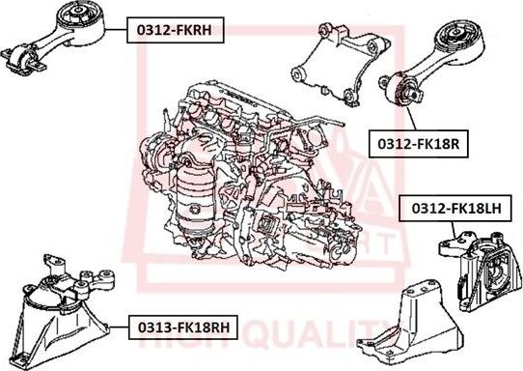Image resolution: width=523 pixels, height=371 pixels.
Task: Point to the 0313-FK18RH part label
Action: (x=181, y=328)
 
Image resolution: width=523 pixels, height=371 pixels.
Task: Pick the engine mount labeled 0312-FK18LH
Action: (x=473, y=258)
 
